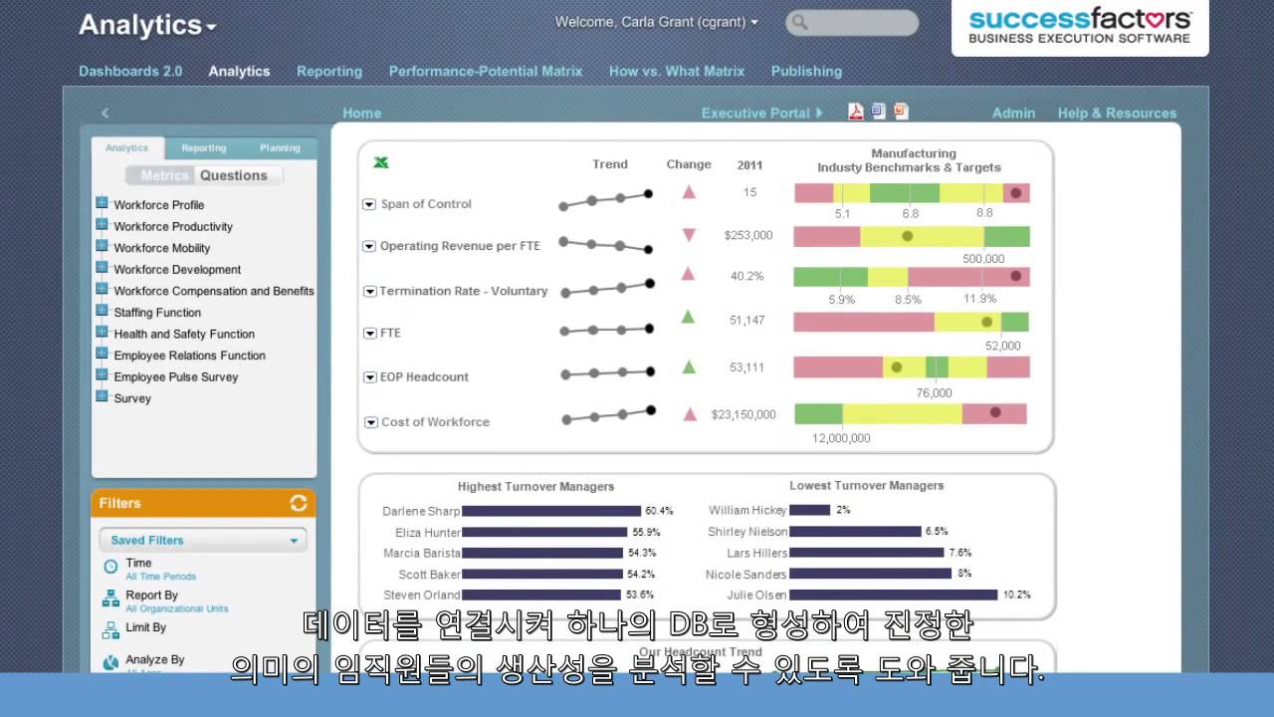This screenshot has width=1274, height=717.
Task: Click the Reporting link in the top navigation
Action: [328, 72]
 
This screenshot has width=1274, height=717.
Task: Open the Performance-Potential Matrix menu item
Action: [485, 72]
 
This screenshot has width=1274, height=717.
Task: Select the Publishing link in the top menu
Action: [806, 72]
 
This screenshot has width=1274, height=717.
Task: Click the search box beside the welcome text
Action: [852, 23]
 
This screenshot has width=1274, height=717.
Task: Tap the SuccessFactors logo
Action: [1080, 26]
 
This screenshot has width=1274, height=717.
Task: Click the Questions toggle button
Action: [234, 175]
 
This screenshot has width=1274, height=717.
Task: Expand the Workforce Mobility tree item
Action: [102, 247]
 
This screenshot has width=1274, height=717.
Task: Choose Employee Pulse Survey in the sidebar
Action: [175, 377]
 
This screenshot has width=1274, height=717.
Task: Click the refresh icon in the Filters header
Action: [299, 503]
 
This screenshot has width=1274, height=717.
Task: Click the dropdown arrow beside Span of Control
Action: [369, 205]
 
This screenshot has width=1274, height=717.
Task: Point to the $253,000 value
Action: [748, 236]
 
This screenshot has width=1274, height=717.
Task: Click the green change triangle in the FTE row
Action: [688, 318]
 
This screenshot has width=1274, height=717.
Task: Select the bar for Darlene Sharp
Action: [551, 511]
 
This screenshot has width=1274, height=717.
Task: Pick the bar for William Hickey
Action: [809, 510]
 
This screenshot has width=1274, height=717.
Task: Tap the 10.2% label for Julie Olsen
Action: [1016, 596]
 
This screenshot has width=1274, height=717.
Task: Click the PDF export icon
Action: [856, 112]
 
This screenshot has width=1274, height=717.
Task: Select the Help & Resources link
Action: [1117, 114]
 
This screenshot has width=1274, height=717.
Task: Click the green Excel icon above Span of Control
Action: [380, 163]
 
